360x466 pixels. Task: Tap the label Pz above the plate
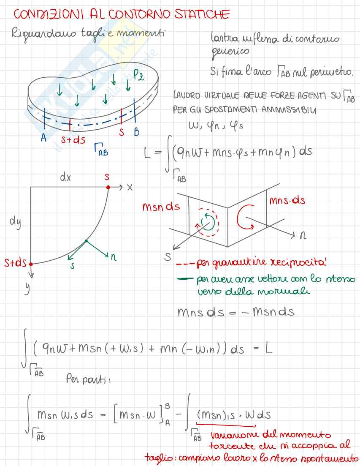coord(138,76)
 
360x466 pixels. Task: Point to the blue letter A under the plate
coord(43,138)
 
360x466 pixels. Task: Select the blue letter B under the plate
coord(136,132)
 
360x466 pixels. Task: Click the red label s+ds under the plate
coord(73,140)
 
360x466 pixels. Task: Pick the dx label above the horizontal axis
coord(65,178)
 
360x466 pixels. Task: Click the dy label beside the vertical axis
coord(15,221)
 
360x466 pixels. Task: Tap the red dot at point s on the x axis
coord(108,187)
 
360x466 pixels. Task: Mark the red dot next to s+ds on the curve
coord(31,264)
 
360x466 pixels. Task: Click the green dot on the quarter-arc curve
coord(86,241)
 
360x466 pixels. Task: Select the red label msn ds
coord(161,207)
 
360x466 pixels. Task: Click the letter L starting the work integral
coord(147,154)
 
